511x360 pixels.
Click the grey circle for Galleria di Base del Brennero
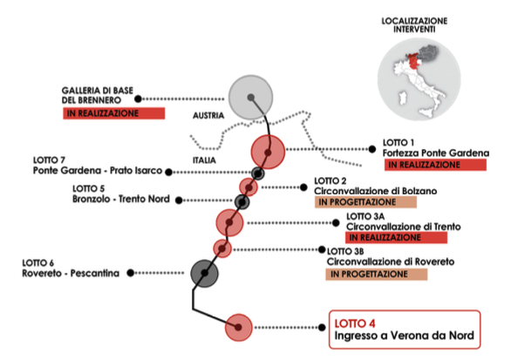pos(250,97)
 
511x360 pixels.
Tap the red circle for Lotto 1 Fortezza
pos(268,152)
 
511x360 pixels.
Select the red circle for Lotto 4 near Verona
pos(239,328)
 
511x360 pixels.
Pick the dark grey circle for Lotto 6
pos(204,274)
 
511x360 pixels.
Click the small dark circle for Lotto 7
pos(257,173)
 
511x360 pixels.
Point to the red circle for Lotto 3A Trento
pos(229,222)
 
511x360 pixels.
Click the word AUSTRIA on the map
pos(208,116)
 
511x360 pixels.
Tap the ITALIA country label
pos(204,160)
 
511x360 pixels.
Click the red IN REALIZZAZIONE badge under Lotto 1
pos(435,165)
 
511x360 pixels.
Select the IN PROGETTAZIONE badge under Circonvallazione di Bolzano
pos(365,202)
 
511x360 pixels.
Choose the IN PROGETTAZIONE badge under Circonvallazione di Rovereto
pos(377,275)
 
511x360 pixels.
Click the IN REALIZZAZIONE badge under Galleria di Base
pos(113,113)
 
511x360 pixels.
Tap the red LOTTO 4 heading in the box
pos(355,323)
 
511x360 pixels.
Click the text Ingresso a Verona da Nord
pos(404,336)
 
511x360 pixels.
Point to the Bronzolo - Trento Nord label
pos(121,199)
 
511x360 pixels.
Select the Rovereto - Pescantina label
pos(71,273)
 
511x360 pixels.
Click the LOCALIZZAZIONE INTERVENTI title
pos(414,25)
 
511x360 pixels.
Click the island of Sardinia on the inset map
pos(403,98)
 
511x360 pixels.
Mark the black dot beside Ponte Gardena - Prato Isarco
pos(168,172)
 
